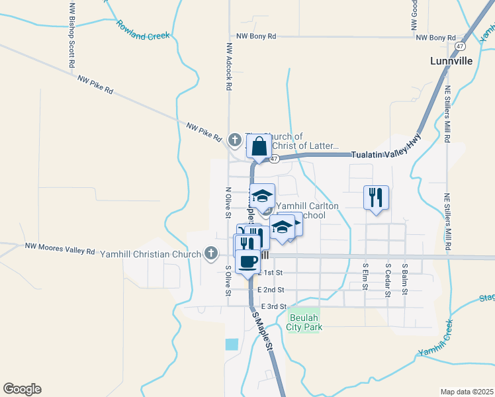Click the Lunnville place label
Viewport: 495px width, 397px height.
pos(451,60)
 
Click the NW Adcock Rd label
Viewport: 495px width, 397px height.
pos(229,67)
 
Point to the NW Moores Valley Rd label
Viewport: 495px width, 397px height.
pos(60,249)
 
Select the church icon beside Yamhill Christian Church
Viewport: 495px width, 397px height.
pos(210,252)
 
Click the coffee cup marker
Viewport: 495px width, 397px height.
pos(247,261)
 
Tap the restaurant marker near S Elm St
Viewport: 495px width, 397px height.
pos(375,197)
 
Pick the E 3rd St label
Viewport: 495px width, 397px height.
pos(273,306)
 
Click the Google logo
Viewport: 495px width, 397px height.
pos(22,389)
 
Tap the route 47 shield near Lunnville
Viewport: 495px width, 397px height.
pos(460,46)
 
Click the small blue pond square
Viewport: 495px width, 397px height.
pos(231,344)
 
